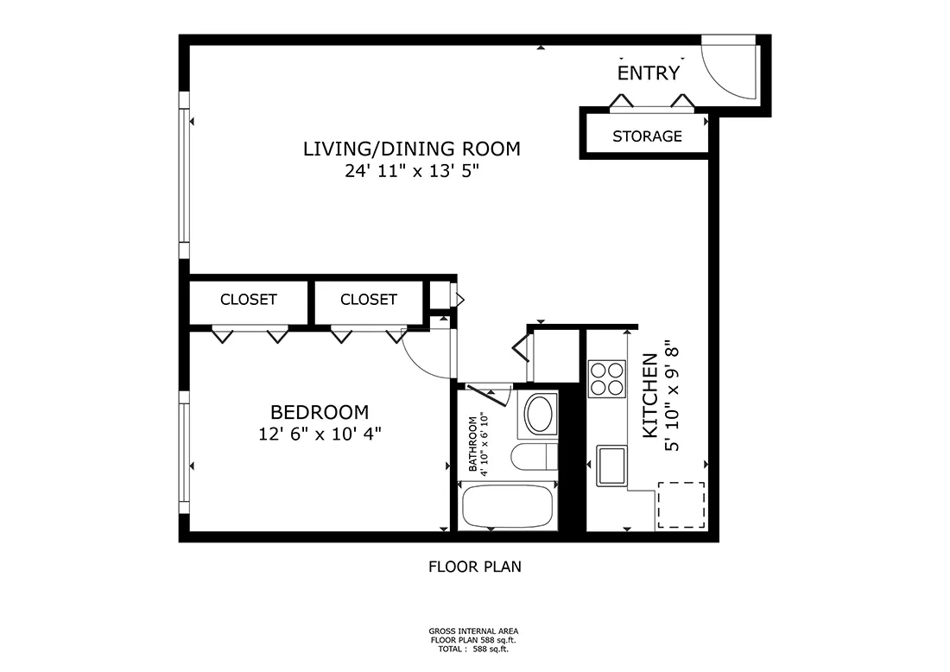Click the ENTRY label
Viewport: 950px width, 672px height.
click(649, 73)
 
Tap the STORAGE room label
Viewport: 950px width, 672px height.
click(647, 136)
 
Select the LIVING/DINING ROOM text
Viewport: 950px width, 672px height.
click(411, 149)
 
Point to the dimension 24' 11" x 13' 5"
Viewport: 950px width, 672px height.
click(411, 171)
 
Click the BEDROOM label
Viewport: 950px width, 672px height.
click(320, 412)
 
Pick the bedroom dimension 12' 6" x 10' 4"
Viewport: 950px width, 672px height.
click(320, 434)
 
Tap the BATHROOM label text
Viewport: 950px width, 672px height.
click(473, 444)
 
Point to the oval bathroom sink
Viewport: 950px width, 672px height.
click(541, 415)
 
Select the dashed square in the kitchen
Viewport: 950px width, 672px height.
click(681, 505)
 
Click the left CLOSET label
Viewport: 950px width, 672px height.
click(249, 300)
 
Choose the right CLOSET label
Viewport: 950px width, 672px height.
click(369, 300)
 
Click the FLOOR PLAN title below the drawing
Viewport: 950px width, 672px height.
click(475, 567)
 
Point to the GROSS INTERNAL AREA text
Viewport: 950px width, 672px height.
click(474, 631)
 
